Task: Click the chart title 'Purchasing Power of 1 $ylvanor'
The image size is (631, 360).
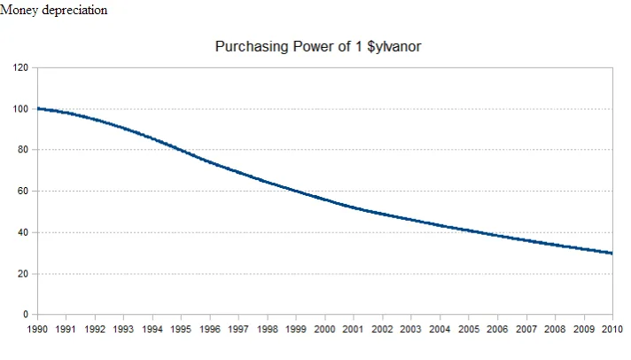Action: click(x=318, y=47)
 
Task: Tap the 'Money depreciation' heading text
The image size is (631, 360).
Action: click(x=53, y=10)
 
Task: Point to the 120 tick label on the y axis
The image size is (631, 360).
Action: click(x=20, y=67)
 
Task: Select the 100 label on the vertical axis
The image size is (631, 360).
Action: click(x=20, y=109)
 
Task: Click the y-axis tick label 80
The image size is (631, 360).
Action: click(x=23, y=149)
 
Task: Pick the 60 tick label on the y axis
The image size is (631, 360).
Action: click(x=23, y=191)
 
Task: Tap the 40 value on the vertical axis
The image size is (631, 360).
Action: click(x=23, y=232)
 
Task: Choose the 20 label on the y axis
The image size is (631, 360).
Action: click(x=23, y=274)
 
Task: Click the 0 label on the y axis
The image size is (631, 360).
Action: click(x=26, y=314)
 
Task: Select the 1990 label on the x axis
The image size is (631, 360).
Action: click(x=37, y=329)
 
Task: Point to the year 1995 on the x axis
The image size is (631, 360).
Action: click(x=181, y=329)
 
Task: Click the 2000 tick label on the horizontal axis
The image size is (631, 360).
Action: click(x=324, y=329)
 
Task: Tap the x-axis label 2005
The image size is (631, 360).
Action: click(x=469, y=329)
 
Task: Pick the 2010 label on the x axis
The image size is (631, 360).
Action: click(x=612, y=329)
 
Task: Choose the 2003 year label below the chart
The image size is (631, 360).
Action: click(x=411, y=329)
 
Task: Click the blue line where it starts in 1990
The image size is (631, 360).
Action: click(x=38, y=109)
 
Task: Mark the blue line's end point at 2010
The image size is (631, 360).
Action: click(x=612, y=254)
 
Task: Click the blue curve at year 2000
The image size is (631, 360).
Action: click(x=324, y=200)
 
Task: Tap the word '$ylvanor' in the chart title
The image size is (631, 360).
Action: click(x=394, y=47)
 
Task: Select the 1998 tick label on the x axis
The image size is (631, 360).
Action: click(x=268, y=329)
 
